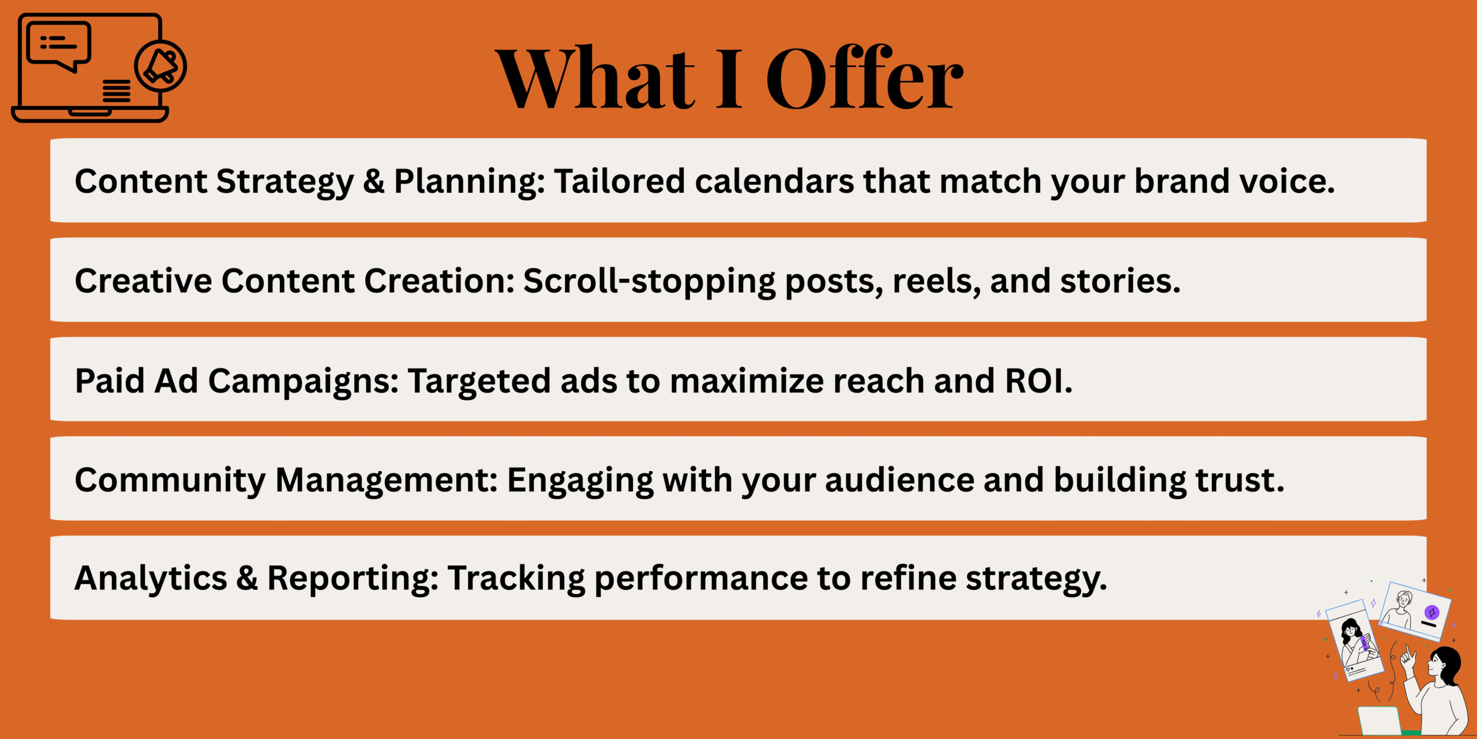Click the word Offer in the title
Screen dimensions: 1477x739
pyautogui.click(x=864, y=77)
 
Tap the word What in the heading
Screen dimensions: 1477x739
pyautogui.click(x=595, y=78)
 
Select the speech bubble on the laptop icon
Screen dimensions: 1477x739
pyautogui.click(x=58, y=46)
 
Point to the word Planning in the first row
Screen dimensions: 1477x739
pyautogui.click(x=469, y=182)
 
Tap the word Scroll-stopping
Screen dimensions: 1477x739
pyautogui.click(x=649, y=282)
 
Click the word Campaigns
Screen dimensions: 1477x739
pyautogui.click(x=303, y=382)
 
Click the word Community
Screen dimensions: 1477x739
pyautogui.click(x=170, y=481)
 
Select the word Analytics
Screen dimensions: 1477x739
pyautogui.click(x=151, y=578)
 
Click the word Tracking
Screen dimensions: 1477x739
pyautogui.click(x=516, y=579)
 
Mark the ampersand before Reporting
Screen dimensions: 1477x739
pyautogui.click(x=247, y=578)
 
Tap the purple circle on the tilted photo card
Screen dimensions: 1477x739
pyautogui.click(x=1432, y=612)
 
